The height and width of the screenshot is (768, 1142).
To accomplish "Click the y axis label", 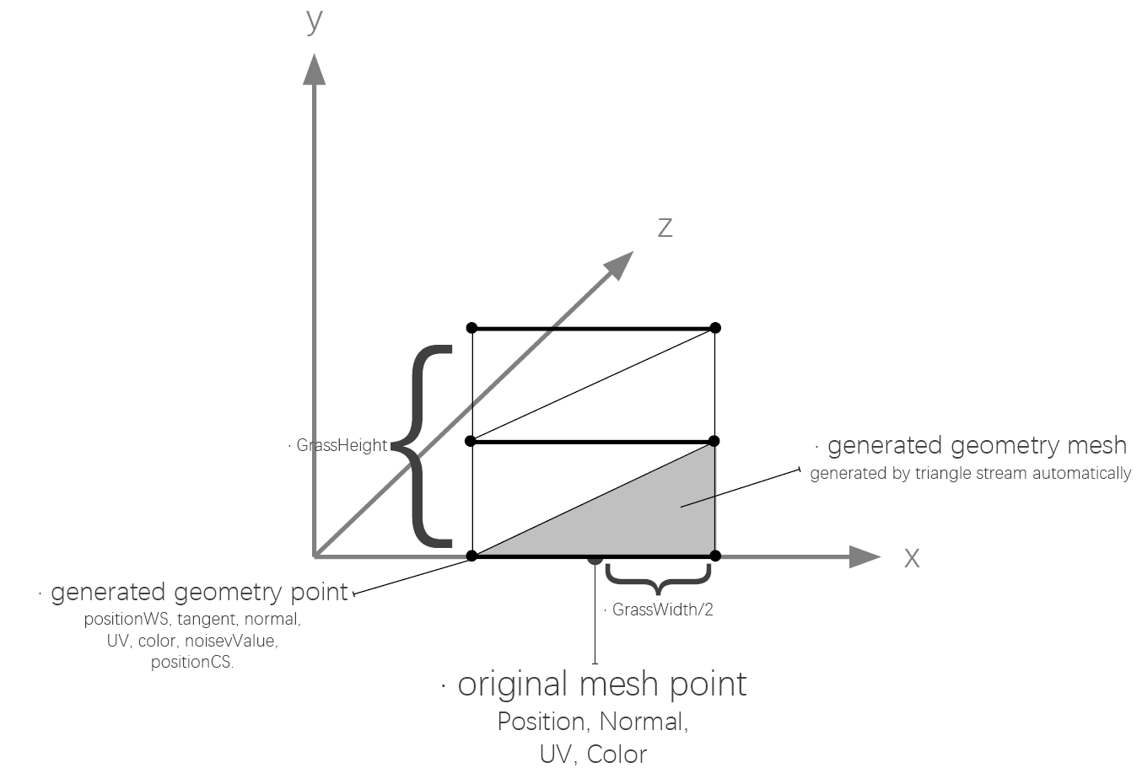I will coord(315,20).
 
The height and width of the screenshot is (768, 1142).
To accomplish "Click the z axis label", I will coord(665,228).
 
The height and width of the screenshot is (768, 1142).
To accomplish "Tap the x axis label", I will coord(912,558).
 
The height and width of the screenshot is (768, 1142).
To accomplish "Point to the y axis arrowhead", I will coord(315,69).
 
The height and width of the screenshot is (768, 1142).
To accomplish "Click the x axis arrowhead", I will coord(864,556).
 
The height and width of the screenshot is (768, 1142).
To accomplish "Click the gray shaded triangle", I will coord(666,514).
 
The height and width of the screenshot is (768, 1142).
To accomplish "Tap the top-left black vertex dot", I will coord(471,328).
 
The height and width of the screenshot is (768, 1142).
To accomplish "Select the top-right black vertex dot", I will coord(715,328).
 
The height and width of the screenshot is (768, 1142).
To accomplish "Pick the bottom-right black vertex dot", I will coord(715,556).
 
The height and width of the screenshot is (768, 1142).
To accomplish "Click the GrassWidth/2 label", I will coord(663,610).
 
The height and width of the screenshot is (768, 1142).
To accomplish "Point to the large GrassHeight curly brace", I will coord(430,443).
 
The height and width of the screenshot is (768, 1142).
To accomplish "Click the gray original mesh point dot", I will coord(595,558).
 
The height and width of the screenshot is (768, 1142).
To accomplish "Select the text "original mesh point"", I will coord(601,684).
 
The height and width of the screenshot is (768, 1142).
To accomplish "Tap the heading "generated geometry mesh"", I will coord(977,445).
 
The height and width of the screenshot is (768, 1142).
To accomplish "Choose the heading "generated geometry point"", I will coord(199,593).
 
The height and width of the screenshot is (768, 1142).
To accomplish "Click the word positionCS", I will coord(192,662).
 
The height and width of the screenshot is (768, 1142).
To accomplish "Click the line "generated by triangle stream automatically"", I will coord(970,473).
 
